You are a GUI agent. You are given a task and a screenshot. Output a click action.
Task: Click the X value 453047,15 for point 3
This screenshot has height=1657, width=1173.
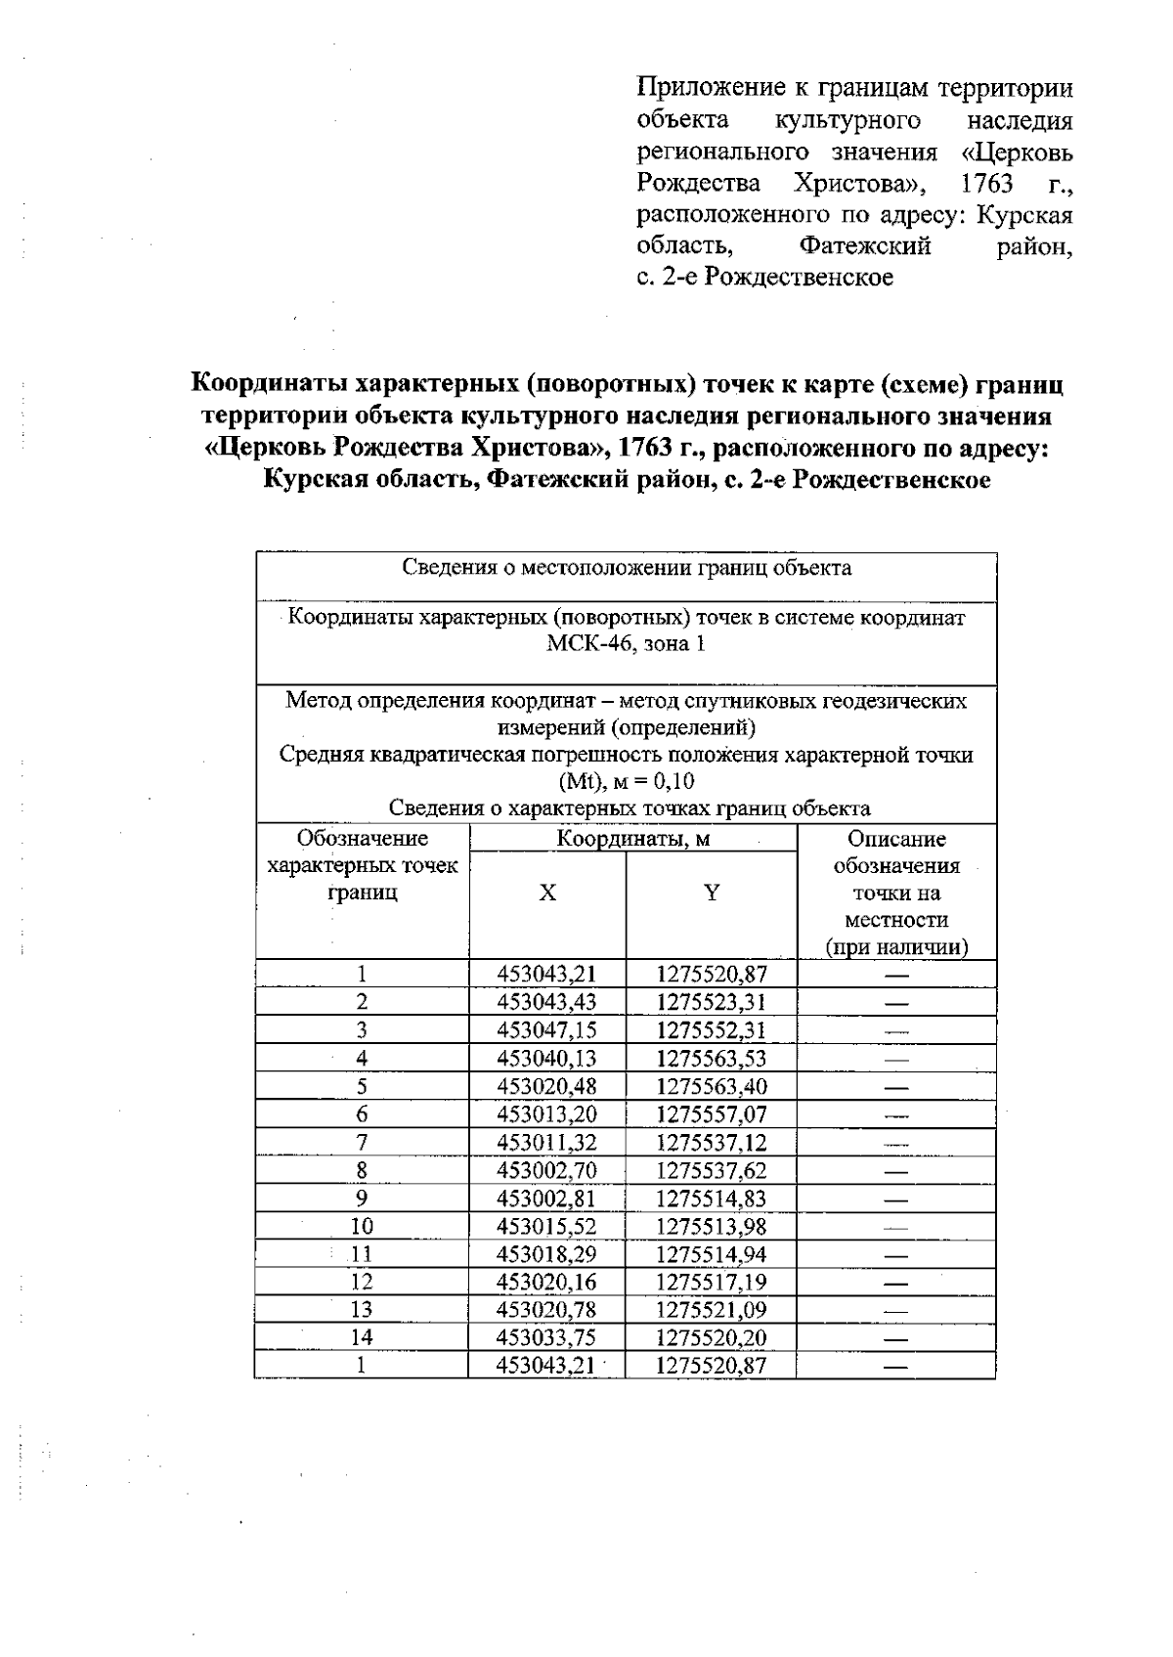tap(546, 1030)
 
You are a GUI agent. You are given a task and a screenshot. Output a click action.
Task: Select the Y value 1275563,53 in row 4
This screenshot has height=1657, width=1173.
tap(712, 1059)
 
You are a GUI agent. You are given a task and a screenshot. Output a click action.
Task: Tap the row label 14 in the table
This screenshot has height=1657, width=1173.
tap(362, 1337)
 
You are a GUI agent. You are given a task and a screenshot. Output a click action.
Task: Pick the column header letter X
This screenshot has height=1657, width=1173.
tap(547, 893)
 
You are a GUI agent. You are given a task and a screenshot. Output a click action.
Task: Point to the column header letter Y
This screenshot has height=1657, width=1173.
tap(712, 893)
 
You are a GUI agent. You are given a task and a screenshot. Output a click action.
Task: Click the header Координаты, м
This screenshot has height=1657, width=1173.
tap(633, 839)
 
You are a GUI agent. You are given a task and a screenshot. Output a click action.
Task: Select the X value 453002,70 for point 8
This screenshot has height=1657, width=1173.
tap(546, 1170)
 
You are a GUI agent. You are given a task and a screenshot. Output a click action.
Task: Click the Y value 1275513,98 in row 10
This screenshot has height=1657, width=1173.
tap(712, 1226)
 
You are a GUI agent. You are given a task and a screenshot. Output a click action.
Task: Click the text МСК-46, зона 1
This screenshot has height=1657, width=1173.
tap(627, 644)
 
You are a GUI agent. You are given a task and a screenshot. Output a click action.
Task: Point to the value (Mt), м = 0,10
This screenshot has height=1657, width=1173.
tap(627, 782)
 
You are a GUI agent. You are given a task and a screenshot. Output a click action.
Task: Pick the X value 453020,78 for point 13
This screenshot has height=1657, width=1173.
tap(546, 1310)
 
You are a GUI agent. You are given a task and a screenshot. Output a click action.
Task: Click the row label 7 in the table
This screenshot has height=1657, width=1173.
tap(362, 1143)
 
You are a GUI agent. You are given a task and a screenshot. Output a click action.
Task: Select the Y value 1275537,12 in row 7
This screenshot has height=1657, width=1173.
tap(712, 1143)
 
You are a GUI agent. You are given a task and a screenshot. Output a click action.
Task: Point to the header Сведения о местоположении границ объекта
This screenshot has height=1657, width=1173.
tap(627, 568)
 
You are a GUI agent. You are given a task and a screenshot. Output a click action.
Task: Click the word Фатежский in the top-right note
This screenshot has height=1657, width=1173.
tap(865, 245)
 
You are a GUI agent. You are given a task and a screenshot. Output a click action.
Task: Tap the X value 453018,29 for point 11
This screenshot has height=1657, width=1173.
tap(546, 1254)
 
